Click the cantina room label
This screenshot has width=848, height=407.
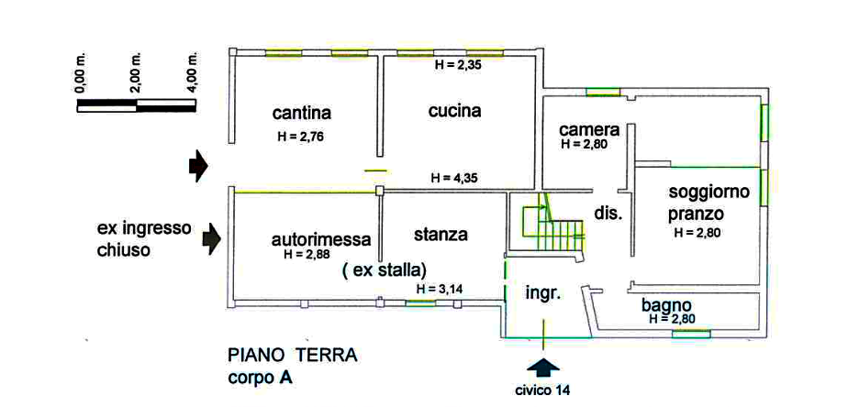click(x=301, y=114)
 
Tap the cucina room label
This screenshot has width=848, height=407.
click(x=454, y=111)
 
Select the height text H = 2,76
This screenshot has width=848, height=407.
click(x=301, y=137)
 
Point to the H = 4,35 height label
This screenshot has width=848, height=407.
click(x=454, y=178)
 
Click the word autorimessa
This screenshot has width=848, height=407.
click(x=321, y=239)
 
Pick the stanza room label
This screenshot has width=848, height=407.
click(x=441, y=235)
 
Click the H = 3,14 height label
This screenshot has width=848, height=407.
click(x=440, y=289)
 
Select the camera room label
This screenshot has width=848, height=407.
click(x=589, y=130)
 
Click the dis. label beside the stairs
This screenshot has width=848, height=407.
click(x=608, y=213)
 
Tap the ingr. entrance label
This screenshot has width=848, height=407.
click(x=541, y=293)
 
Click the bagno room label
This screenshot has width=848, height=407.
click(x=666, y=305)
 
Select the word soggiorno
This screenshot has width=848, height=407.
click(x=709, y=192)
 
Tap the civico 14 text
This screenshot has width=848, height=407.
click(x=542, y=390)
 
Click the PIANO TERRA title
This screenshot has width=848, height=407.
click(x=292, y=357)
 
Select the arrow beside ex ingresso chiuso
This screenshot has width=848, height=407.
click(x=212, y=239)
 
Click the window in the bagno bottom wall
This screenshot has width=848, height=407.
click(x=691, y=335)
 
